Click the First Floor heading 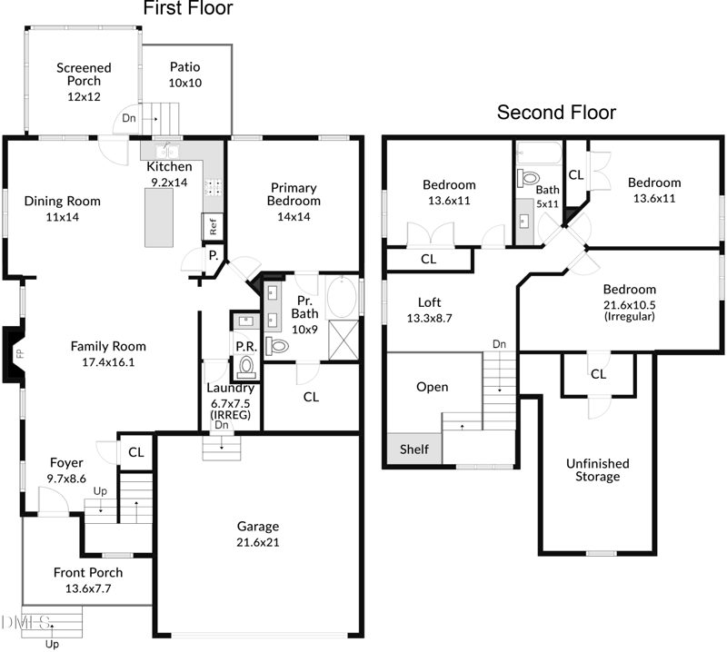188,10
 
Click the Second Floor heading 555,113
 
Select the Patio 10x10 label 184,74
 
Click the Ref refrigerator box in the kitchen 213,227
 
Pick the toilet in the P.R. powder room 245,366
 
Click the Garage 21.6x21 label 258,534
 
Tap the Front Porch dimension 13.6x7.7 88,588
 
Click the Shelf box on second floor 414,449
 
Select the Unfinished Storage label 597,469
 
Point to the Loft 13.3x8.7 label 429,310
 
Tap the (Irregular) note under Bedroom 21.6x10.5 630,317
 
